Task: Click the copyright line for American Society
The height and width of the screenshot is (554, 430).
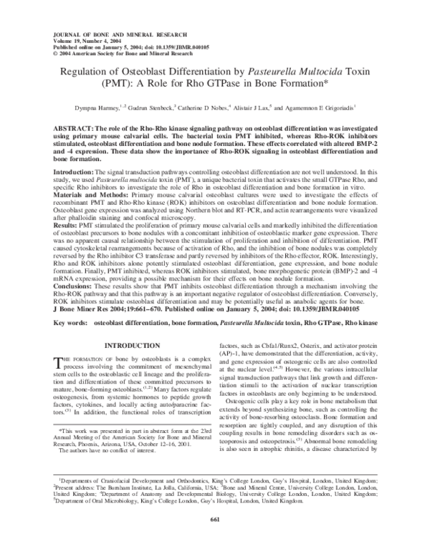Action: [114, 54]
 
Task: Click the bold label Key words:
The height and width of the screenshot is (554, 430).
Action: [70, 324]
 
